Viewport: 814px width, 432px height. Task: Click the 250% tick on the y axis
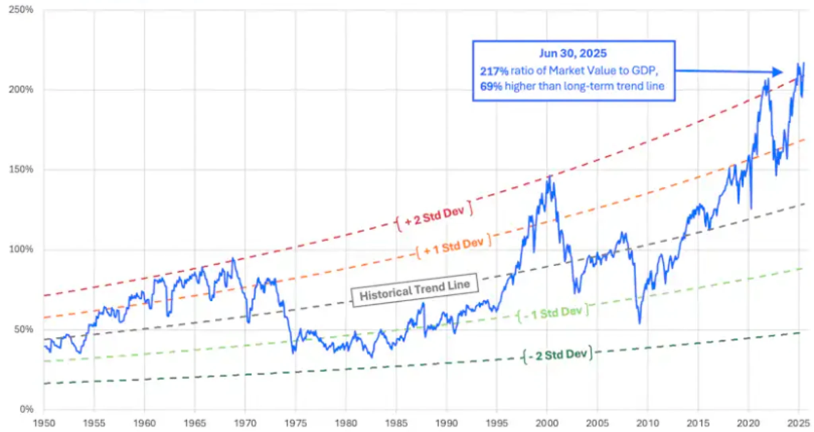coord(21,10)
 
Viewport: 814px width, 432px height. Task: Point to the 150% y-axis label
coord(21,169)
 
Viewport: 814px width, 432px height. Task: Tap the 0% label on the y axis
coord(26,409)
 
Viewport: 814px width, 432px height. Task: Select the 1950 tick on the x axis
coord(44,423)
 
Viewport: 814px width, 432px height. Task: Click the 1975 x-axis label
coord(295,423)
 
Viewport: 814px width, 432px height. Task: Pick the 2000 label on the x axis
coord(547,423)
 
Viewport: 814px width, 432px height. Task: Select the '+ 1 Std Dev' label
coord(454,247)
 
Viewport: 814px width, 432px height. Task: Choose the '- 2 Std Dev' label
coord(557,354)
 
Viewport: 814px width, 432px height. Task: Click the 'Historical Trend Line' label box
coord(415,290)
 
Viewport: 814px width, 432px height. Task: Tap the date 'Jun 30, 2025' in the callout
coord(573,53)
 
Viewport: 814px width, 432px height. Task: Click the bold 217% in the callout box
coord(494,71)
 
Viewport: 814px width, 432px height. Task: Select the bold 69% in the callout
coord(491,86)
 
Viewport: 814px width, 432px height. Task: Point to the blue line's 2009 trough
coord(640,323)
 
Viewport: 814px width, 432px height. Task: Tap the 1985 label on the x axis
coord(396,423)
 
